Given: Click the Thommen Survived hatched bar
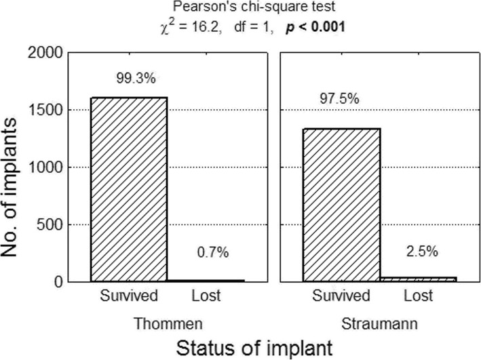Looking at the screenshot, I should [x=129, y=189].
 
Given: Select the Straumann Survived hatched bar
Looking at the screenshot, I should [x=341, y=204].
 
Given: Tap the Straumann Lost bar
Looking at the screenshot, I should [x=418, y=278].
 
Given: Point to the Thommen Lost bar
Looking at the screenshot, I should [x=206, y=280].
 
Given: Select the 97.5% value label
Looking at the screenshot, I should [x=342, y=99].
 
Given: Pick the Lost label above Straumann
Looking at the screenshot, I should [x=418, y=296].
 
